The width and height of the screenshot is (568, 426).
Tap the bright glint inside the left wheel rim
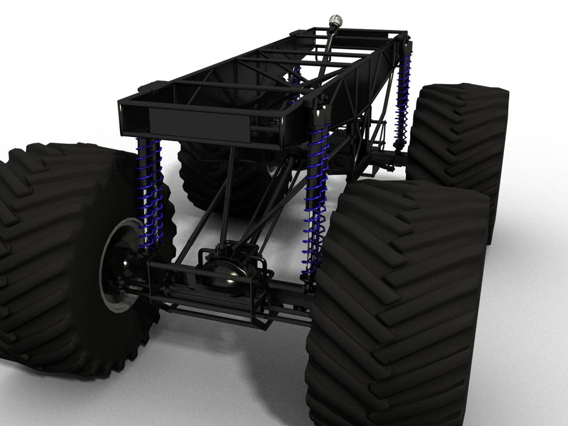click(x=125, y=263)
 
